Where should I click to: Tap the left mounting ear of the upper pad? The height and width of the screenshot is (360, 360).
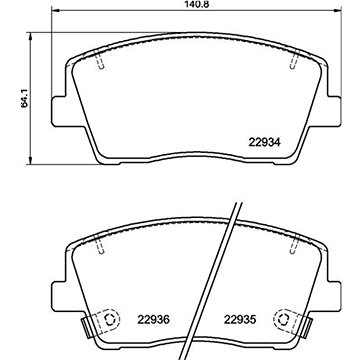coord(52,110)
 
